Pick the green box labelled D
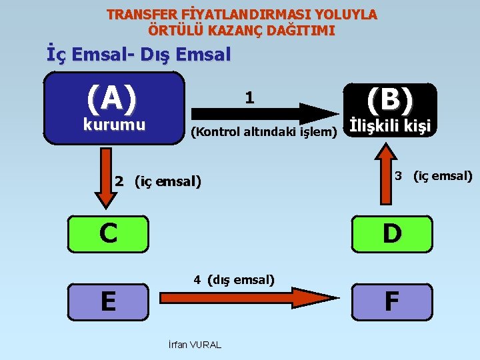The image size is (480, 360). click(391, 233)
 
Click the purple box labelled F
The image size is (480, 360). click(391, 301)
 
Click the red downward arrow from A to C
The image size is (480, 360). click(105, 178)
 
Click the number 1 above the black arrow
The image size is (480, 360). click(249, 97)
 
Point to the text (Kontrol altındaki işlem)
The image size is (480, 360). click(264, 132)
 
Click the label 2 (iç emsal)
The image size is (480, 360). click(158, 181)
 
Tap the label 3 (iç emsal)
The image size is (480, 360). click(433, 177)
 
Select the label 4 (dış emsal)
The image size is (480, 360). click(234, 280)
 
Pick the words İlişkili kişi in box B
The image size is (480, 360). click(391, 126)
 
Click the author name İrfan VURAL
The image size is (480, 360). click(195, 345)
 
